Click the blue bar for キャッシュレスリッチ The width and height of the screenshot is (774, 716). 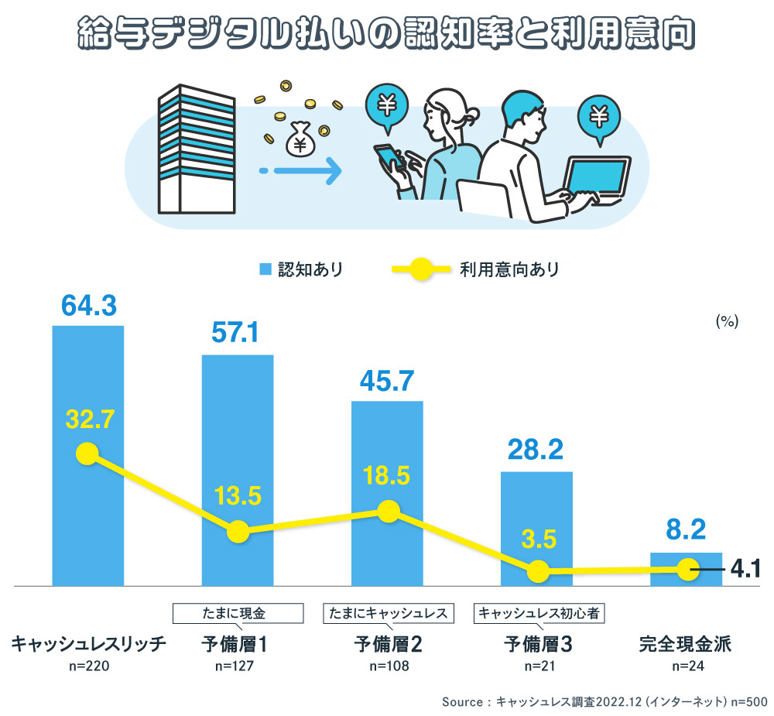[87, 387]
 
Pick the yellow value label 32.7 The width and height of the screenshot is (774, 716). [91, 420]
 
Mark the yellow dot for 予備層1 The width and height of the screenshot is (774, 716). [238, 532]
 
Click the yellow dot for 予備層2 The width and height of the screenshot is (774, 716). [388, 511]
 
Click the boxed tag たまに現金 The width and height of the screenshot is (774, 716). [238, 614]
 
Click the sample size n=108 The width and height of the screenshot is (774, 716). [388, 665]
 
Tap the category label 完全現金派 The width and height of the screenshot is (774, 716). [685, 644]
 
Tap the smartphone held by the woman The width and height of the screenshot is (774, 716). [387, 159]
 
